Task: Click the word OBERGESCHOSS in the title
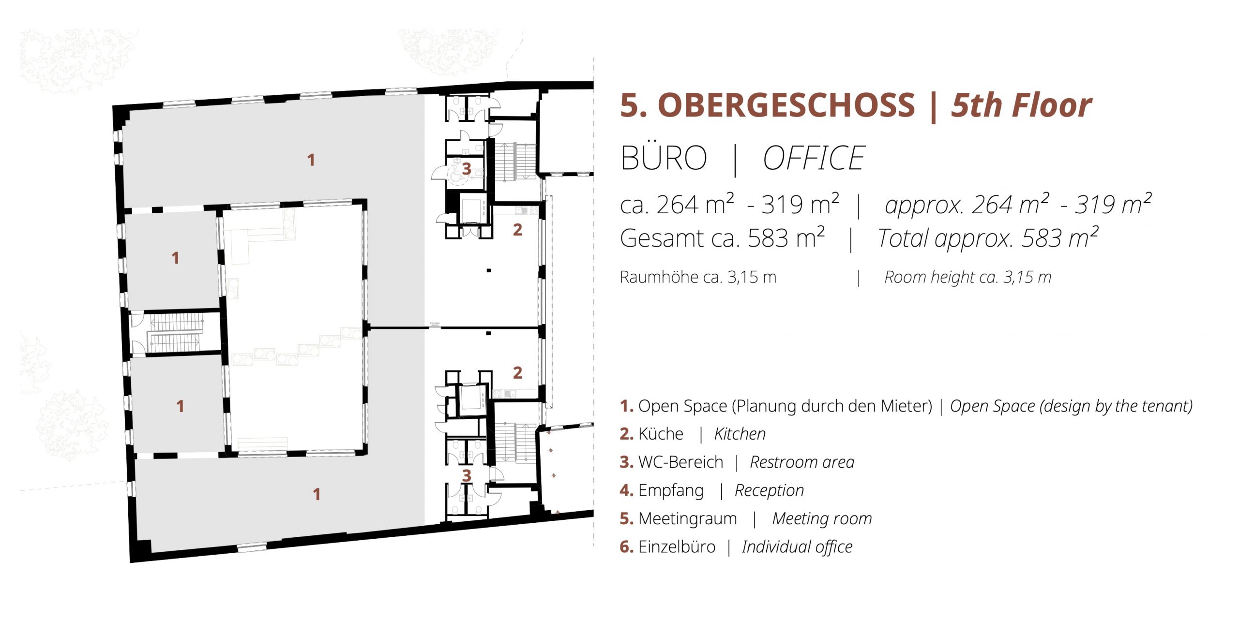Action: click(x=786, y=105)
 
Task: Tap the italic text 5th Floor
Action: click(x=1021, y=105)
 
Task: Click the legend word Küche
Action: click(x=661, y=434)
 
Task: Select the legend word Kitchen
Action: click(x=740, y=434)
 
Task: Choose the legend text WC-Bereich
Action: click(x=681, y=462)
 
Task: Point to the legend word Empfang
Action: click(x=671, y=491)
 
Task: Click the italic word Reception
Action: click(x=769, y=491)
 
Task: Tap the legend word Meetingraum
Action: click(x=688, y=519)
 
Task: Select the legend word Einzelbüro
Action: click(x=677, y=547)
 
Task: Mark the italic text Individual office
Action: click(x=797, y=547)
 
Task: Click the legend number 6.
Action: click(x=626, y=547)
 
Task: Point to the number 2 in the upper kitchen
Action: click(x=517, y=230)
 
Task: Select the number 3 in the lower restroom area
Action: click(x=466, y=475)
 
